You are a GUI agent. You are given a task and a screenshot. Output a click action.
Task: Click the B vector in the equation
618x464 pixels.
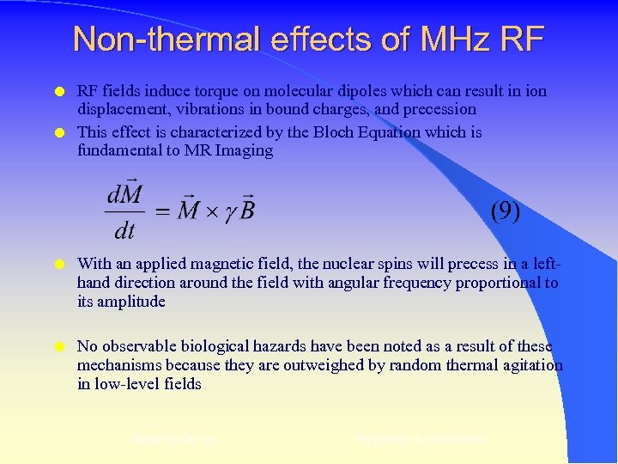[247, 208]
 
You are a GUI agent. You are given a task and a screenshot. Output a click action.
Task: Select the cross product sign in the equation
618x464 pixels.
[211, 211]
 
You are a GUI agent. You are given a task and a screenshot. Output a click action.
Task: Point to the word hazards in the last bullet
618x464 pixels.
[275, 346]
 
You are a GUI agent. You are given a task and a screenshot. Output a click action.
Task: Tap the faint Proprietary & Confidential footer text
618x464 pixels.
[421, 439]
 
